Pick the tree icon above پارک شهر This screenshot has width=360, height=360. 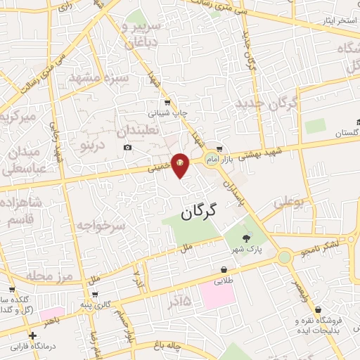pyautogui.click(x=245, y=238)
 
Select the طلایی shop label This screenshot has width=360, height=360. pyautogui.click(x=224, y=278)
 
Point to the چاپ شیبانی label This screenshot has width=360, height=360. pyautogui.click(x=166, y=112)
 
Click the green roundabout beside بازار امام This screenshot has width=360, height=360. pyautogui.click(x=211, y=160)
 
